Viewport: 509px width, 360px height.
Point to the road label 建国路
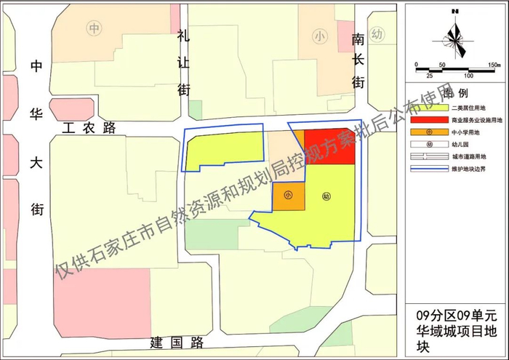[x=175, y=342]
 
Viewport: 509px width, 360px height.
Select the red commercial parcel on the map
[x=329, y=147]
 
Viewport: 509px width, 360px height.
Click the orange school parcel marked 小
[x=288, y=196]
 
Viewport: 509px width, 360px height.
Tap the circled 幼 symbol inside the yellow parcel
[x=326, y=196]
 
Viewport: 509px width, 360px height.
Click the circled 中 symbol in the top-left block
[x=94, y=28]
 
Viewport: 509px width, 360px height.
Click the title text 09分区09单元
[x=454, y=316]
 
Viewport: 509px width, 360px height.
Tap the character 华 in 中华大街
[x=36, y=112]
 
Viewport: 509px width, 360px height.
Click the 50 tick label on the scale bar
[x=441, y=65]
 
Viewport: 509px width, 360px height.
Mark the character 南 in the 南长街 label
[x=357, y=38]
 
